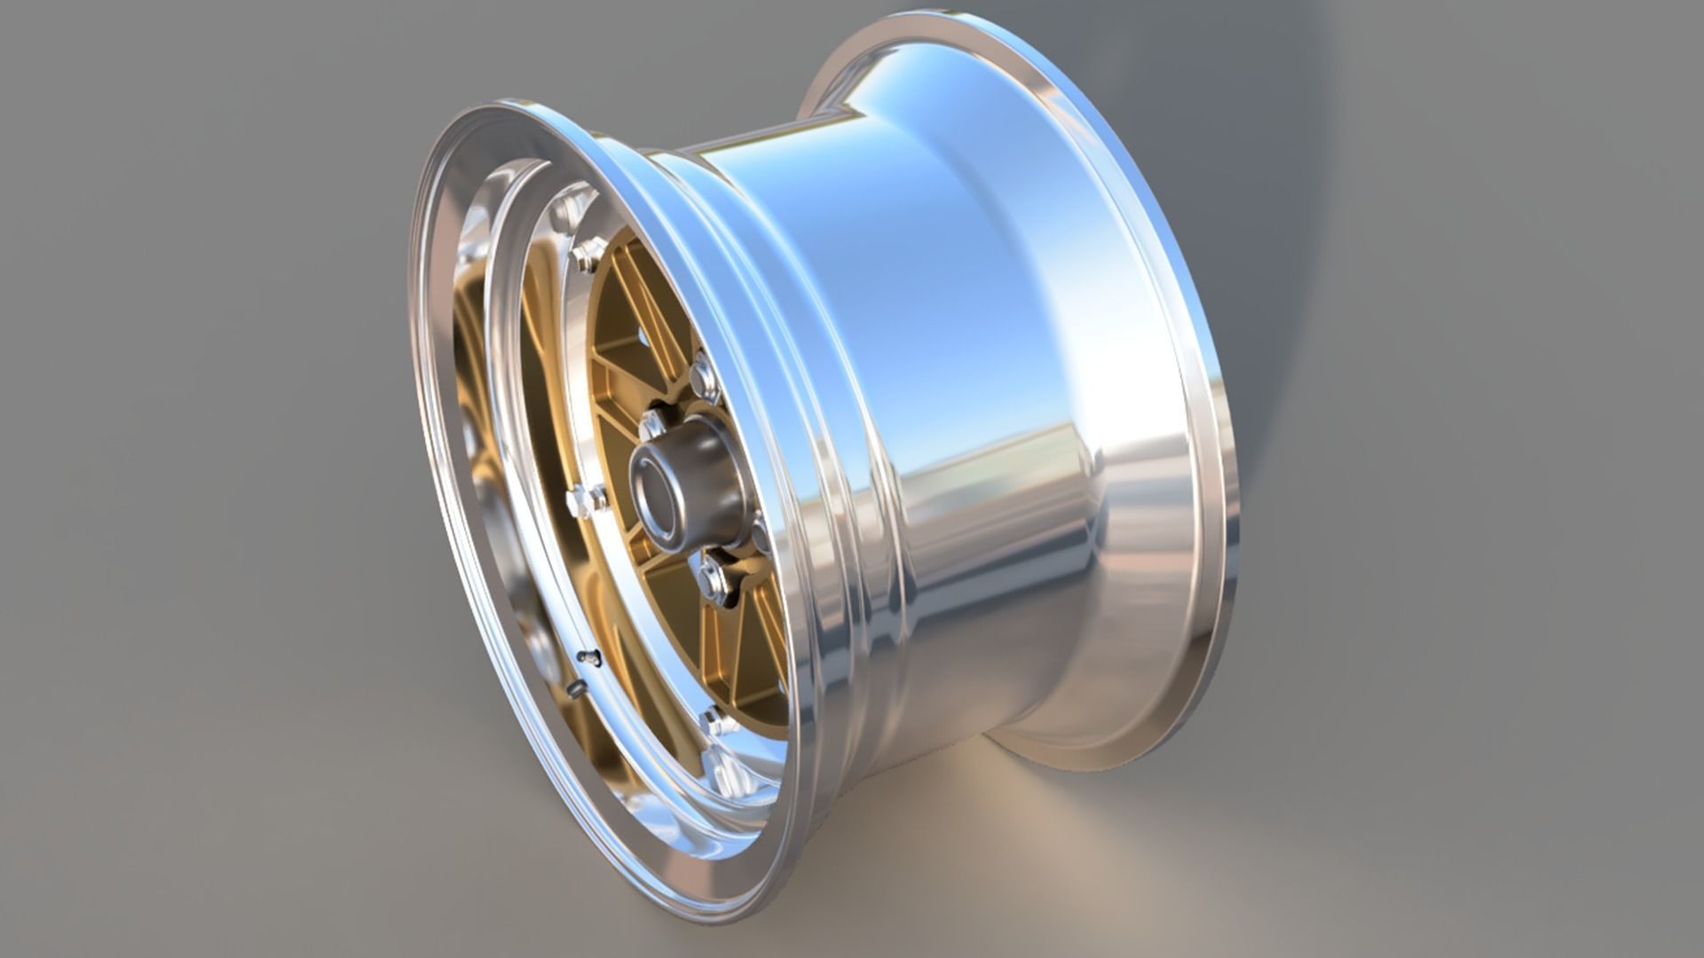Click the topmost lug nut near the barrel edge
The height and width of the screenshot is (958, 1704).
point(704,377)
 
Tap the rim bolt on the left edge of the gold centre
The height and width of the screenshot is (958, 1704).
point(581,501)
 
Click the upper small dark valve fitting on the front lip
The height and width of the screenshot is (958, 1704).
point(589,657)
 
